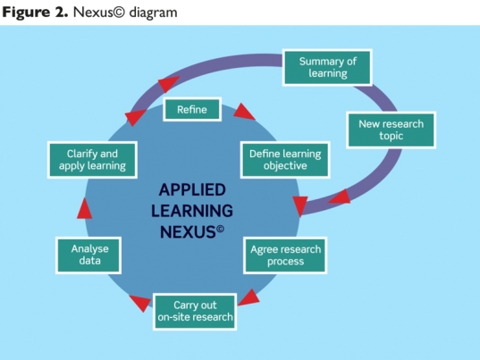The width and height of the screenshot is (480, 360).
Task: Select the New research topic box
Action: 391,130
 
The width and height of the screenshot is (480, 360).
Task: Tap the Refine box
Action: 191,110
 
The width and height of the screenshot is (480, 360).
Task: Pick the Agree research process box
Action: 283,255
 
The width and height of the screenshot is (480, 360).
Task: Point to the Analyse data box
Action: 89,255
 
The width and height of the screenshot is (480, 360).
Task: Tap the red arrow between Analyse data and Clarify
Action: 83,208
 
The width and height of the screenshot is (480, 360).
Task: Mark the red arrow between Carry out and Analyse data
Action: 139,304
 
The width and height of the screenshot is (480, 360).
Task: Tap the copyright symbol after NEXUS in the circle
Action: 221,227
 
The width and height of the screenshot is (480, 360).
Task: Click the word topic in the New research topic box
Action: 391,137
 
